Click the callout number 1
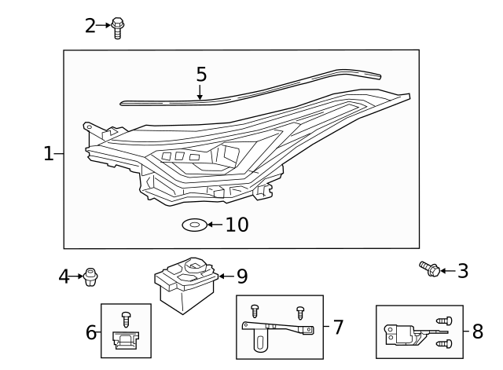point(49,154)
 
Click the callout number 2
point(90,26)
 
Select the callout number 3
point(463,271)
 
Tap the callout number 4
point(64,277)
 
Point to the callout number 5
point(201,75)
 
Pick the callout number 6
point(91,332)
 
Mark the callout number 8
point(477,332)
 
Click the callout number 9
point(242,277)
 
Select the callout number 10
point(237,225)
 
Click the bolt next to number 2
point(118,27)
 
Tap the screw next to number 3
point(430,270)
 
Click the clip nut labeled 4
point(92,276)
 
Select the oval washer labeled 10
point(194,225)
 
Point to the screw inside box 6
point(126,318)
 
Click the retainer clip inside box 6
point(126,340)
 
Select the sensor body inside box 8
point(402,333)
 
